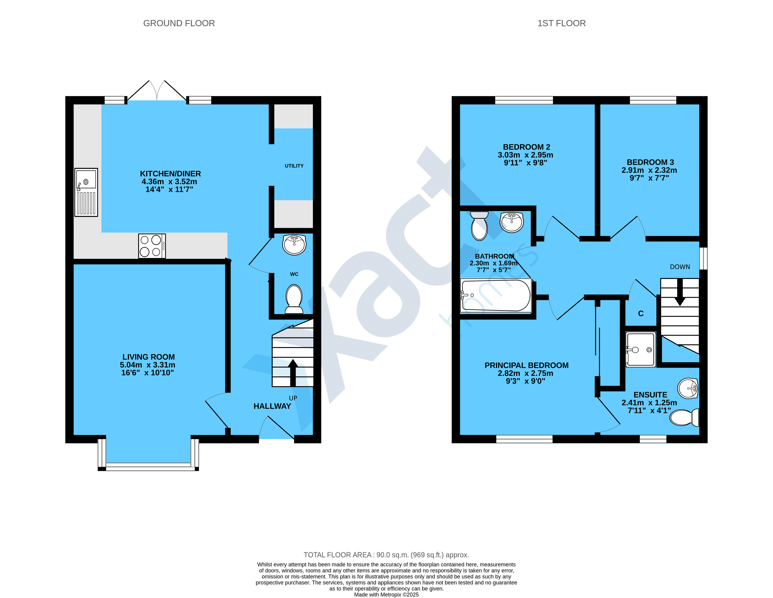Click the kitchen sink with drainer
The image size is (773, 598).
[86, 192]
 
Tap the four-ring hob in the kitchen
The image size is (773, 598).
[152, 246]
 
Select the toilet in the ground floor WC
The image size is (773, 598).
[294, 299]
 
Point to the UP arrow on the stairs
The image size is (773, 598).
[293, 373]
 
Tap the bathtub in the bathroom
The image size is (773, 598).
[496, 296]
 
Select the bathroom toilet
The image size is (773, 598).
[480, 226]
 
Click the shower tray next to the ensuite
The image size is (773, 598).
[641, 349]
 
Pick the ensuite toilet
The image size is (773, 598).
[685, 418]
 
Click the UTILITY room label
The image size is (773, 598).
[294, 166]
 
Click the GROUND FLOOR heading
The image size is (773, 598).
[179, 23]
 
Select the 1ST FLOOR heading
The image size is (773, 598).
[562, 23]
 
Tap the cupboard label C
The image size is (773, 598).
[641, 314]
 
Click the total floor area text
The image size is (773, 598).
[387, 555]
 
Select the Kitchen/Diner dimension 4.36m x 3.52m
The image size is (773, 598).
[169, 181]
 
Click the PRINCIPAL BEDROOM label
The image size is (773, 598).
[527, 365]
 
